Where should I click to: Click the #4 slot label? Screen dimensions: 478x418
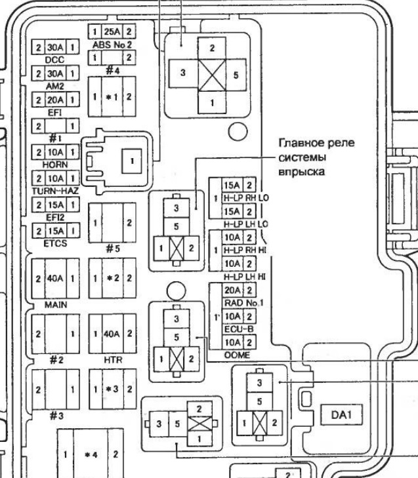click(x=112, y=70)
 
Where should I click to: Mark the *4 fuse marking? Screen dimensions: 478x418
click(x=92, y=454)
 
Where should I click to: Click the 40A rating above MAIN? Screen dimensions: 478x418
click(x=55, y=277)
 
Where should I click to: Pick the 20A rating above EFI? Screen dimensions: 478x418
click(x=55, y=100)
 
